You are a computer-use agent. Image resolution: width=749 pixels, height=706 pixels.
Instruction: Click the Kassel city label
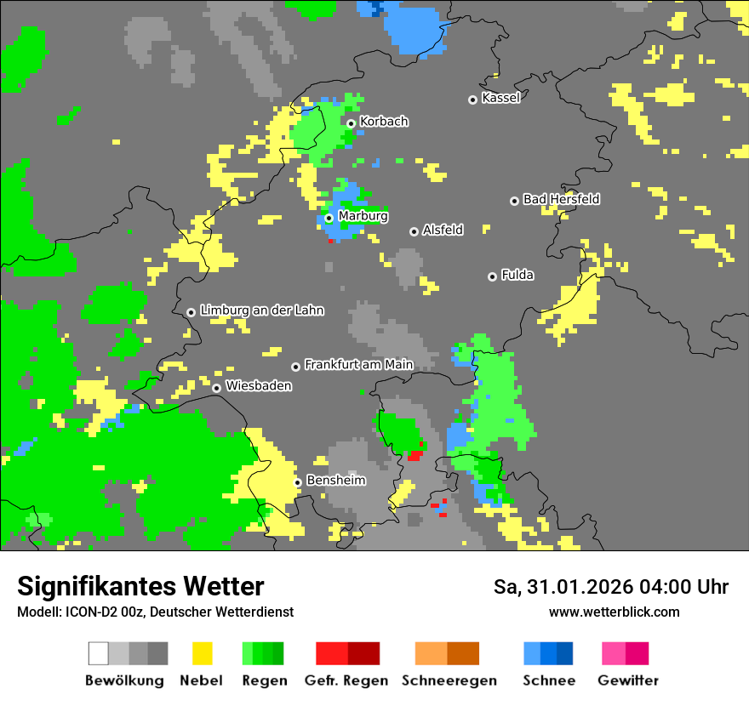[500, 98]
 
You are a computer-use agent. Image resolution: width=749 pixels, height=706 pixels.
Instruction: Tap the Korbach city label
[384, 122]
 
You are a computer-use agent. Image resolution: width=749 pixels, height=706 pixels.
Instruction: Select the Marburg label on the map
[363, 216]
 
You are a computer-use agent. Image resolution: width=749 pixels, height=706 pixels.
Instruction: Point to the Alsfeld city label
[443, 230]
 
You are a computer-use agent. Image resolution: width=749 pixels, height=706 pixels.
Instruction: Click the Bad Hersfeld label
[561, 199]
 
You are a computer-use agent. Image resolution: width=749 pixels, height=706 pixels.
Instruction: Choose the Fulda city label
[517, 275]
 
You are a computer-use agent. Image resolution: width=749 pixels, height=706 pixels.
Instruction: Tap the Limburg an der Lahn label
[261, 310]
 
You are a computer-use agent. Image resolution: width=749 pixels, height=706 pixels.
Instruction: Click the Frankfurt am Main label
[358, 364]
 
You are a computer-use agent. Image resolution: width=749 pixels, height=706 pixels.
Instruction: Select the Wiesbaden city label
[259, 386]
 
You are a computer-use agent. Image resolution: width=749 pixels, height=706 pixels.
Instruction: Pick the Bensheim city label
[335, 481]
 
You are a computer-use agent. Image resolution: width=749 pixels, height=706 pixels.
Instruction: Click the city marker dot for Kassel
[473, 100]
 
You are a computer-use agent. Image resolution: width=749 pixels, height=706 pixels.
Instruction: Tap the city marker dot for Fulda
[492, 276]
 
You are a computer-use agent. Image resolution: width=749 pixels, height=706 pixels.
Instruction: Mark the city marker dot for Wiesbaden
[217, 388]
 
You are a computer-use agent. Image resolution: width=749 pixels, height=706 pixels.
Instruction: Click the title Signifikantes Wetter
[140, 586]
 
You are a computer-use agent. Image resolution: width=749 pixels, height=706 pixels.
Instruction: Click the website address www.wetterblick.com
[614, 612]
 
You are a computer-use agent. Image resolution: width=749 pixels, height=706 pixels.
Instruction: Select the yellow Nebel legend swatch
[202, 653]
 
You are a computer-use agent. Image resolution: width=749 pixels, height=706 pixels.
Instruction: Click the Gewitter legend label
[627, 680]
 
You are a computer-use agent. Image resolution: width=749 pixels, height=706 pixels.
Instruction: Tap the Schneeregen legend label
[449, 680]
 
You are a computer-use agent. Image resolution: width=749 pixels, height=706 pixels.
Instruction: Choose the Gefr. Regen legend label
[346, 680]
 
